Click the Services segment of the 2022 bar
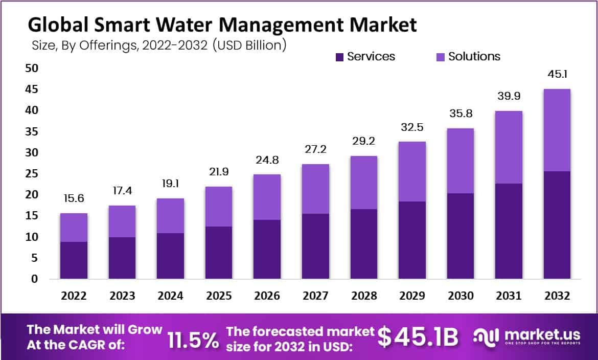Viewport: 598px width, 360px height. pos(74,260)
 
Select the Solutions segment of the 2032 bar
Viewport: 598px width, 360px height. pos(557,130)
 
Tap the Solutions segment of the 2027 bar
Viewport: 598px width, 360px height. pos(315,189)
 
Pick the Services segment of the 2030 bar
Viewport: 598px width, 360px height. pos(460,236)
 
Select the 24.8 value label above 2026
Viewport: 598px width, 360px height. pos(267,160)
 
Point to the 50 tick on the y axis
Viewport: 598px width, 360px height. pos(32,68)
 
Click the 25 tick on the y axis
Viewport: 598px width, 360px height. pos(32,174)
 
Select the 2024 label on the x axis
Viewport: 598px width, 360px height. pos(170,296)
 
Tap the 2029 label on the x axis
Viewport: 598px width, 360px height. pos(412,296)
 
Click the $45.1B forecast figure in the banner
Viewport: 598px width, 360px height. pos(418,337)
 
